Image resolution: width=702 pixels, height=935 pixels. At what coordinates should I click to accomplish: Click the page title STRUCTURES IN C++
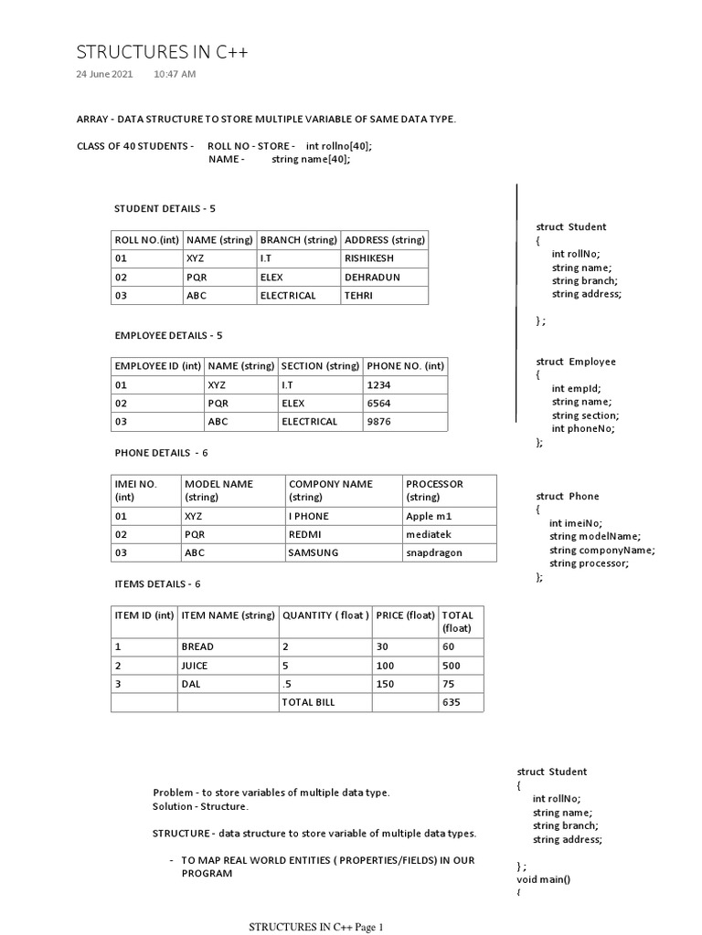pyautogui.click(x=162, y=52)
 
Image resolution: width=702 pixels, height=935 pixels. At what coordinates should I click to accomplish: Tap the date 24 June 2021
pyautogui.click(x=103, y=74)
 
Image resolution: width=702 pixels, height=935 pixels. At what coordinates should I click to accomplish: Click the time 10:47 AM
pyautogui.click(x=174, y=74)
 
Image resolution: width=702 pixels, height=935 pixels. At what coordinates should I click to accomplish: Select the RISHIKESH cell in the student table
pyautogui.click(x=367, y=258)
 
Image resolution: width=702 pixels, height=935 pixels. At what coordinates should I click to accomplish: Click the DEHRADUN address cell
pyautogui.click(x=371, y=277)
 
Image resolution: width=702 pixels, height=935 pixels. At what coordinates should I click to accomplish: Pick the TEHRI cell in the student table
pyautogui.click(x=357, y=295)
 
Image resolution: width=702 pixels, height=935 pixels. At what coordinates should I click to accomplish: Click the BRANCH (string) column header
pyautogui.click(x=298, y=240)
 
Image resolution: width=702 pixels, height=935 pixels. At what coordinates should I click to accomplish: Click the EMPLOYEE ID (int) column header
pyautogui.click(x=157, y=366)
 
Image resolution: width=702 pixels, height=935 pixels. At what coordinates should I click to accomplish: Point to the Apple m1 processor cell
pyautogui.click(x=429, y=516)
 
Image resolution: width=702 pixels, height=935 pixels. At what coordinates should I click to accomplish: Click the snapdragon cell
pyautogui.click(x=434, y=552)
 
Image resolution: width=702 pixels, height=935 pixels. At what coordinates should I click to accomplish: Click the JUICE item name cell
pyautogui.click(x=197, y=666)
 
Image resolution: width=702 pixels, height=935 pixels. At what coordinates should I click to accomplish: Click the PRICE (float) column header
pyautogui.click(x=405, y=615)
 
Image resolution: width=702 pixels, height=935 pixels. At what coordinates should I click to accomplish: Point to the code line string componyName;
pyautogui.click(x=602, y=550)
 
